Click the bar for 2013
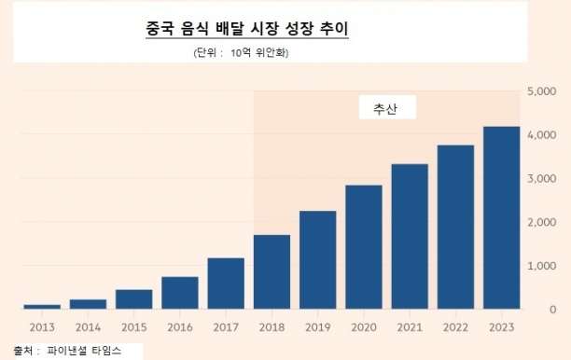[42, 307]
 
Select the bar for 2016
[180, 293]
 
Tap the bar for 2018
[272, 272]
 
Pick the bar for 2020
[364, 247]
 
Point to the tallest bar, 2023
[501, 217]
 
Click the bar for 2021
[410, 237]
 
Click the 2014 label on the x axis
[88, 327]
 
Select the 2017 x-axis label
[226, 327]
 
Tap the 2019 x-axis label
[318, 327]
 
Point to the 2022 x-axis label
[455, 327]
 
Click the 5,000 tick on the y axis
[542, 91]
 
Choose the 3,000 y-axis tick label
[542, 179]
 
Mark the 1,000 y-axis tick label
[542, 266]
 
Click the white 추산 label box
[387, 107]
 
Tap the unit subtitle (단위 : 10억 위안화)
[241, 53]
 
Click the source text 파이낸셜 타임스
[84, 351]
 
